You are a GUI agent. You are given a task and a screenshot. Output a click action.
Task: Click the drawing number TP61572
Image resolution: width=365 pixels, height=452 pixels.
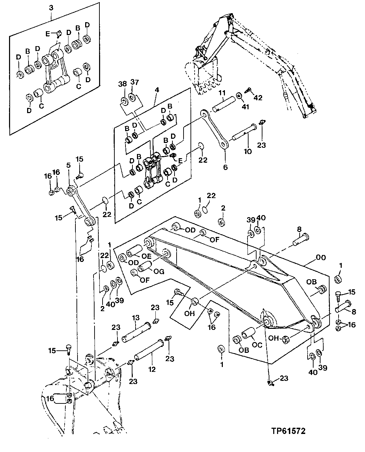tap(288, 431)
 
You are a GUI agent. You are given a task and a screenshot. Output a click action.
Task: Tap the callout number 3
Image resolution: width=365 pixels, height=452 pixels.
tap(51, 7)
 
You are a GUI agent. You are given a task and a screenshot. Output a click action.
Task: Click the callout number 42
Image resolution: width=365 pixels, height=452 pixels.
tap(258, 97)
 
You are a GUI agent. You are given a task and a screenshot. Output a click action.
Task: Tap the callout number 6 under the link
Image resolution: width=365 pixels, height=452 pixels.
tap(225, 167)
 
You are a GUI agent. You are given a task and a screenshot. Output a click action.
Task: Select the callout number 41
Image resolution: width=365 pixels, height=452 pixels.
tap(245, 107)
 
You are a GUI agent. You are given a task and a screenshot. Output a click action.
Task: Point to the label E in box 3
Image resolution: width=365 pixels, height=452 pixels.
tap(48, 34)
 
